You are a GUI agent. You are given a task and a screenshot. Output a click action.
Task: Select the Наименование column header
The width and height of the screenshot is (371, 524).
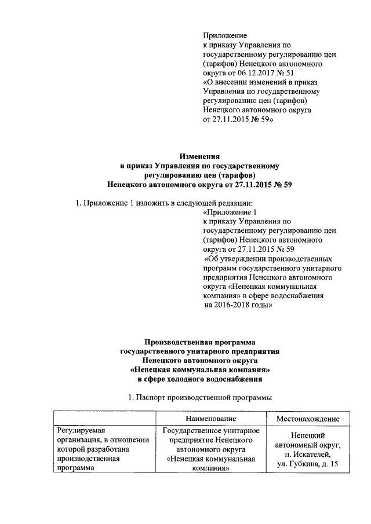point(210,418)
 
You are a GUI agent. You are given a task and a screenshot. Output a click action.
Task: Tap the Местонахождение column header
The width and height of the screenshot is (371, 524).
point(307,418)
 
